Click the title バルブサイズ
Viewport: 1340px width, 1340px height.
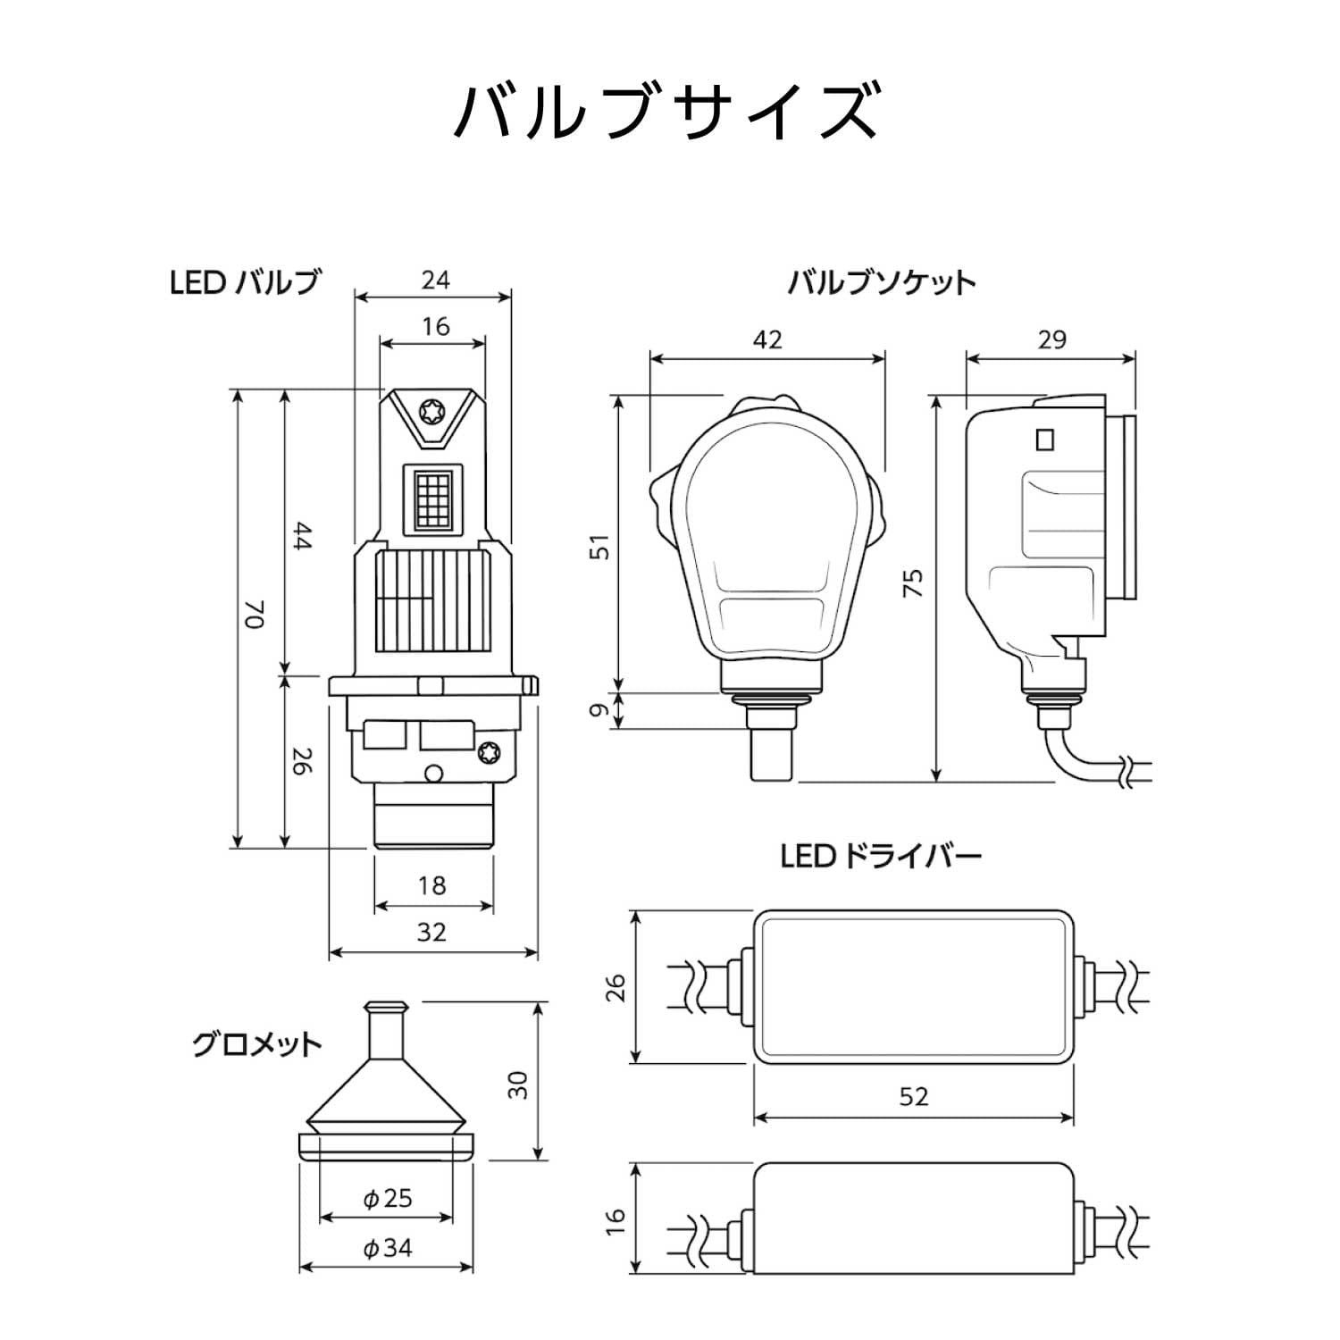[668, 112]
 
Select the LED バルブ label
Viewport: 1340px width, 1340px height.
[245, 282]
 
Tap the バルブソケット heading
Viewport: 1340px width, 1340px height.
[881, 283]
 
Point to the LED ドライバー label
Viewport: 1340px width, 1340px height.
[881, 857]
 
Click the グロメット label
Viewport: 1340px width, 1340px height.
[256, 1044]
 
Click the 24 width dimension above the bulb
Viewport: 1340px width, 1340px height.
[435, 281]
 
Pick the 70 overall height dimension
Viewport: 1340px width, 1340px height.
[255, 614]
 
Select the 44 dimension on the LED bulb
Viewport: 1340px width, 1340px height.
[302, 537]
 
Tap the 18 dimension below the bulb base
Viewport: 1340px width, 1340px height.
[432, 885]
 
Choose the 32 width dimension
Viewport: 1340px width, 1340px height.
[432, 932]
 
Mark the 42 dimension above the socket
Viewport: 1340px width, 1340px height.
[767, 339]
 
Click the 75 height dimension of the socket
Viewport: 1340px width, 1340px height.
[912, 583]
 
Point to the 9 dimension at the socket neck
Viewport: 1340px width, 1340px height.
[601, 710]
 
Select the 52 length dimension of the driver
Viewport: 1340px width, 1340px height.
[914, 1096]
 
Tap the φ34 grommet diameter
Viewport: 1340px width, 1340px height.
[388, 1247]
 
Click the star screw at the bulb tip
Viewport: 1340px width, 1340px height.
[431, 412]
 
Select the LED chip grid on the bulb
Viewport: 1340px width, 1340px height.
[432, 498]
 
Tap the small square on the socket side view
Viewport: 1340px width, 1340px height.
[1043, 440]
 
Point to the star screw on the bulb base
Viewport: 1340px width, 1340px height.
[489, 751]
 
